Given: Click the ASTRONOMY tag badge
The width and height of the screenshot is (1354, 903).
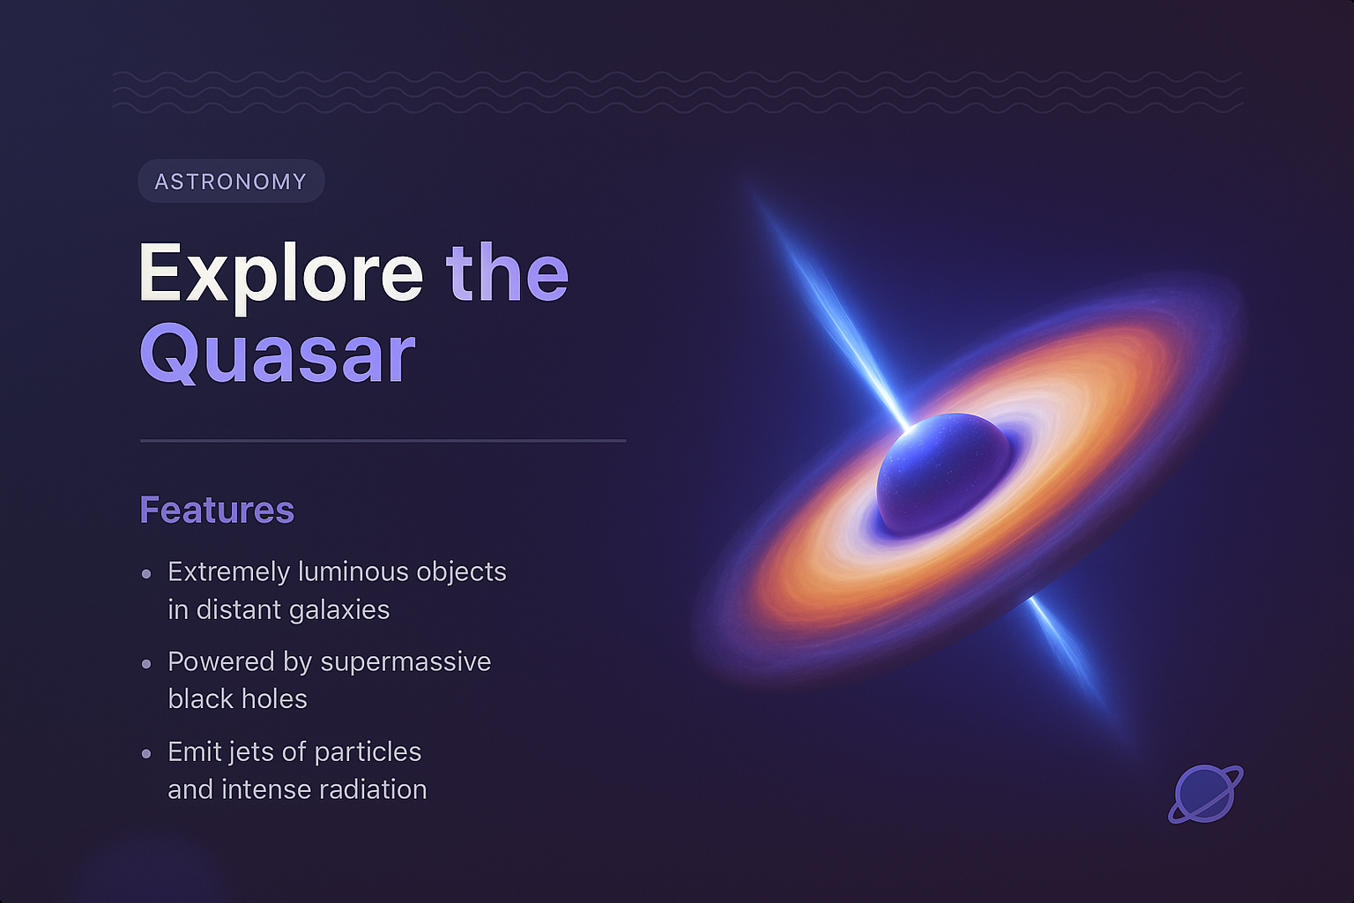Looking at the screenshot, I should [x=231, y=182].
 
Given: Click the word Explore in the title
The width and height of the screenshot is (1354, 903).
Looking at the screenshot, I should [x=280, y=273].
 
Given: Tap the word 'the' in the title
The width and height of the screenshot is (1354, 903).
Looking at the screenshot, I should [x=507, y=273].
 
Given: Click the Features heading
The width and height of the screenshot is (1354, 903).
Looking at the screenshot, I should [x=217, y=510].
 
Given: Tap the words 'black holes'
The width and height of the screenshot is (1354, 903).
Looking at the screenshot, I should [x=237, y=699].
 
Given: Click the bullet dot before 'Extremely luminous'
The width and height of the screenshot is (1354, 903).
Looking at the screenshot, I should [x=146, y=574].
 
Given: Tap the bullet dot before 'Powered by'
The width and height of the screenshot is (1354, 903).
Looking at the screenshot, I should [x=146, y=663].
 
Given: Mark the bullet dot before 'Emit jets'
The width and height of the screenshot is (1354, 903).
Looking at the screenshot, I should [x=146, y=753].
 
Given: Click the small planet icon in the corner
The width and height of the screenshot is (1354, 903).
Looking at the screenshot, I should [x=1205, y=794].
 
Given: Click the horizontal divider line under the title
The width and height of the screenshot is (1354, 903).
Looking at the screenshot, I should [x=383, y=440].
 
